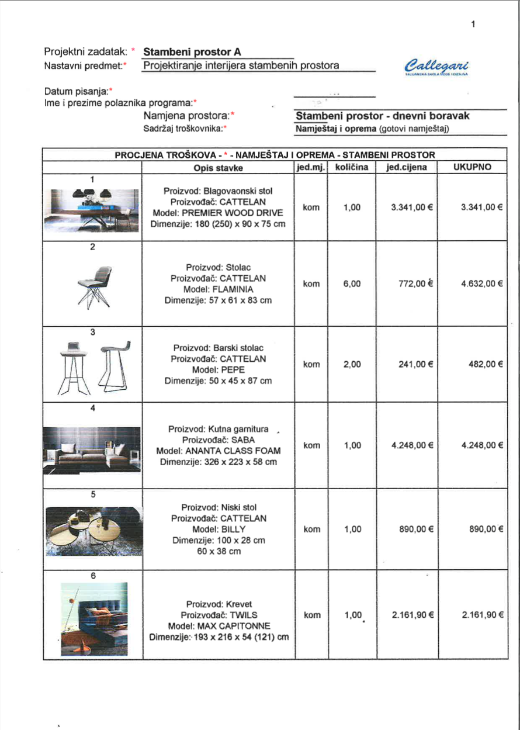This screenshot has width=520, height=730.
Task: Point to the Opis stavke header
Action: point(218,168)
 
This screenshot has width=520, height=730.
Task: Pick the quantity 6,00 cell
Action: point(351,283)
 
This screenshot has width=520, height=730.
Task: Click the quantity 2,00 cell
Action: point(351,364)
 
